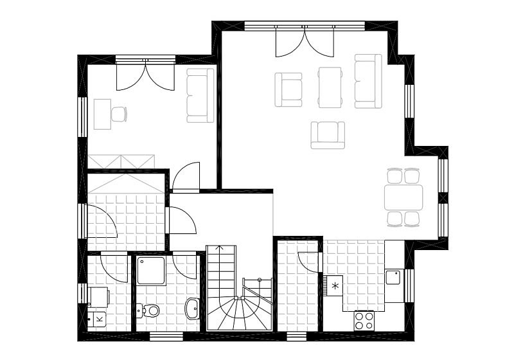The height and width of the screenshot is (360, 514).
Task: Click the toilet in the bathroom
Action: pyautogui.click(x=150, y=310)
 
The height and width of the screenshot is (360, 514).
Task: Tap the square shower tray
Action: pyautogui.click(x=150, y=270)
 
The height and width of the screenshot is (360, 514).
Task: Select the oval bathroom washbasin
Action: pyautogui.click(x=192, y=309)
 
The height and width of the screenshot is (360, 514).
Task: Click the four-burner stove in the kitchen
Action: pyautogui.click(x=364, y=320)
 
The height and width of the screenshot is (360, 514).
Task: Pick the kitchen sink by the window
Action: pyautogui.click(x=393, y=278)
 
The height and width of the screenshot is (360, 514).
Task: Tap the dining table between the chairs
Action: pyautogui.click(x=404, y=197)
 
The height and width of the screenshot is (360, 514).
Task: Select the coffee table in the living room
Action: pyautogui.click(x=330, y=87)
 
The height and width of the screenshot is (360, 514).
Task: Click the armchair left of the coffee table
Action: pyautogui.click(x=288, y=89)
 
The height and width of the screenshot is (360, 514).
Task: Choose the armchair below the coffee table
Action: pyautogui.click(x=328, y=135)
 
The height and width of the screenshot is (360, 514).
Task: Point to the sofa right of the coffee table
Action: pyautogui.click(x=368, y=81)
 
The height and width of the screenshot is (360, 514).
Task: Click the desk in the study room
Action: pyautogui.click(x=102, y=114)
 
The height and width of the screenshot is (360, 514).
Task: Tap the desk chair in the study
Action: pyautogui.click(x=118, y=114)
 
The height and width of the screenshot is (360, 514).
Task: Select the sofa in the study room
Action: pyautogui.click(x=200, y=95)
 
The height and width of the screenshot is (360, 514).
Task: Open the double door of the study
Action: pyautogui.click(x=146, y=75)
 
